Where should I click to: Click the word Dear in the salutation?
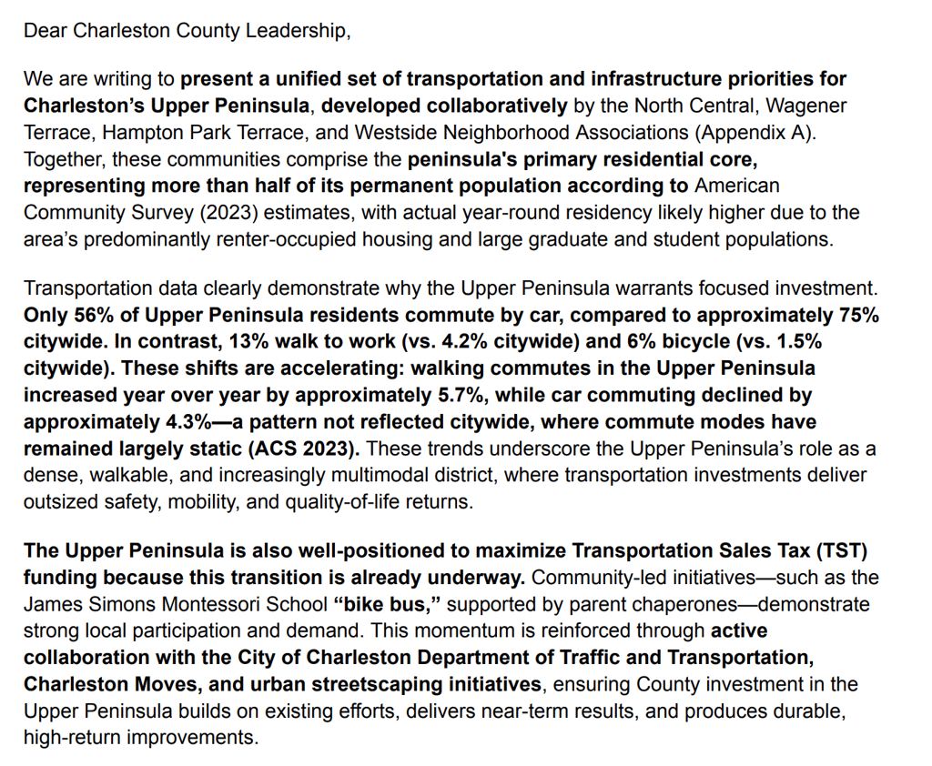[45, 30]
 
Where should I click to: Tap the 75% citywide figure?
[859, 316]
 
